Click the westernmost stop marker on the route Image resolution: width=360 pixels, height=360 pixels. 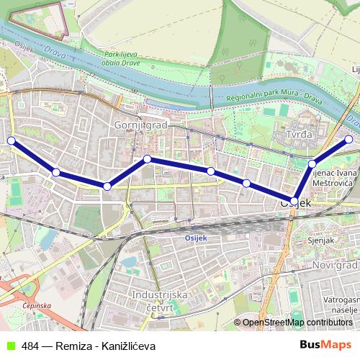coord(11,140)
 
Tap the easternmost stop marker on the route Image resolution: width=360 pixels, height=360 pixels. coord(349,140)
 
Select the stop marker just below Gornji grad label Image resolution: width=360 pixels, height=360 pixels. coord(147,158)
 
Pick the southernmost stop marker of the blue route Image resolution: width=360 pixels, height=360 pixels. coord(294,200)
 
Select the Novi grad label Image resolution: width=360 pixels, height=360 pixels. coord(333,266)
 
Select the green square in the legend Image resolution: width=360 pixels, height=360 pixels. coord(9,346)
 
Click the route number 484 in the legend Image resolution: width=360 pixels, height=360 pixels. coord(30,346)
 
